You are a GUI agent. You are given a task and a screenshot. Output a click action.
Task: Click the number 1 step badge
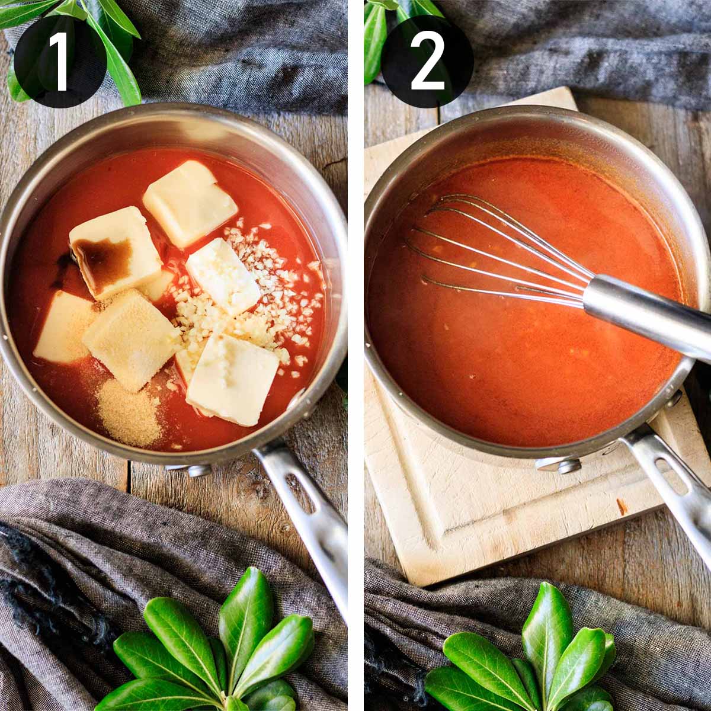click(60, 61)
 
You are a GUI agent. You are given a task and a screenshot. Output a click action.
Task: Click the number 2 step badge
click(427, 61)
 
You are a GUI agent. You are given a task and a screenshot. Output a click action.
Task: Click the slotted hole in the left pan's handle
click(299, 494)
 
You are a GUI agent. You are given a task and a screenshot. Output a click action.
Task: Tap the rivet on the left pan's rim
click(199, 470)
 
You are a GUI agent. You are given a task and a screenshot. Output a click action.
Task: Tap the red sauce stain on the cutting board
click(622, 507)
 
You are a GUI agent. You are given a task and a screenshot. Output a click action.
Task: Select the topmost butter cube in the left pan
click(190, 204)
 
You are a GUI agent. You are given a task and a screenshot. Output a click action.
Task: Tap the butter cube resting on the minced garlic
click(223, 277)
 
